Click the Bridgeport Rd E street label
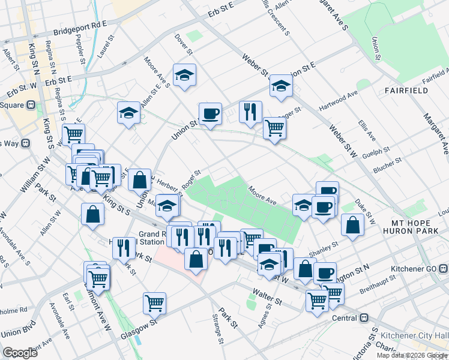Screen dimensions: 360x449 coord(79,28)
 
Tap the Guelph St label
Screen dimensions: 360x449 coord(378,149)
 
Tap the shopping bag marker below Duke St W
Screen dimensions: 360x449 coord(353,225)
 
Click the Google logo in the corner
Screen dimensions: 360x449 coord(20,353)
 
